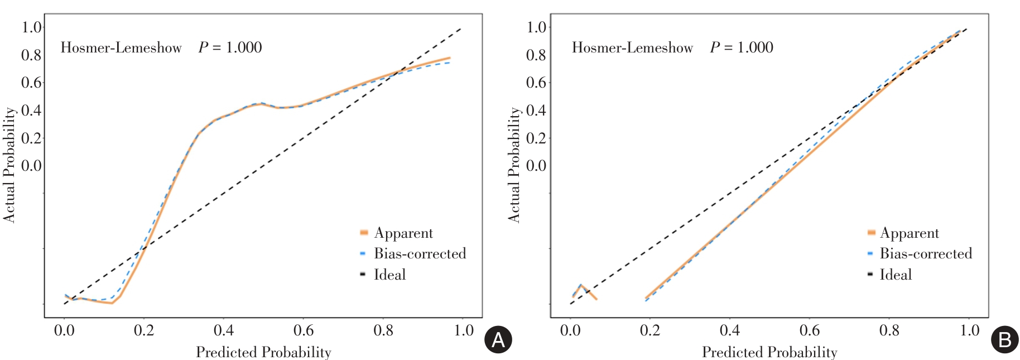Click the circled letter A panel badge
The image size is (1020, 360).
(x=498, y=340)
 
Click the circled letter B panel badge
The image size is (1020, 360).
(x=1004, y=340)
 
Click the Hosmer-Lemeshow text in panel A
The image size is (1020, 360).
(x=121, y=47)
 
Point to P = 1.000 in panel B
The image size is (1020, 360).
(x=742, y=47)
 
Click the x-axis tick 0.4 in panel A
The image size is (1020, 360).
(x=224, y=330)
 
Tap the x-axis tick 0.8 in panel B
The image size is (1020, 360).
(x=889, y=330)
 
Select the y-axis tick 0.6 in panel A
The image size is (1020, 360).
(x=31, y=83)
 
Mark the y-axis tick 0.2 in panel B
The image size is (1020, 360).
(x=536, y=138)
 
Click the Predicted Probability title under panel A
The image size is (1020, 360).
(x=263, y=352)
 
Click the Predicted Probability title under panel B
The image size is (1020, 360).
(x=769, y=352)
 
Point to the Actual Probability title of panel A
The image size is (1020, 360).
(x=9, y=165)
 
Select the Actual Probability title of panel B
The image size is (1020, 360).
(x=514, y=165)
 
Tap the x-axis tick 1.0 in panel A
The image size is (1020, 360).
(x=464, y=330)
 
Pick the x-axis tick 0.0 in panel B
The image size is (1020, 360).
(x=570, y=330)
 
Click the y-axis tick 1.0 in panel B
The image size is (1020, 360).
(x=536, y=27)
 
